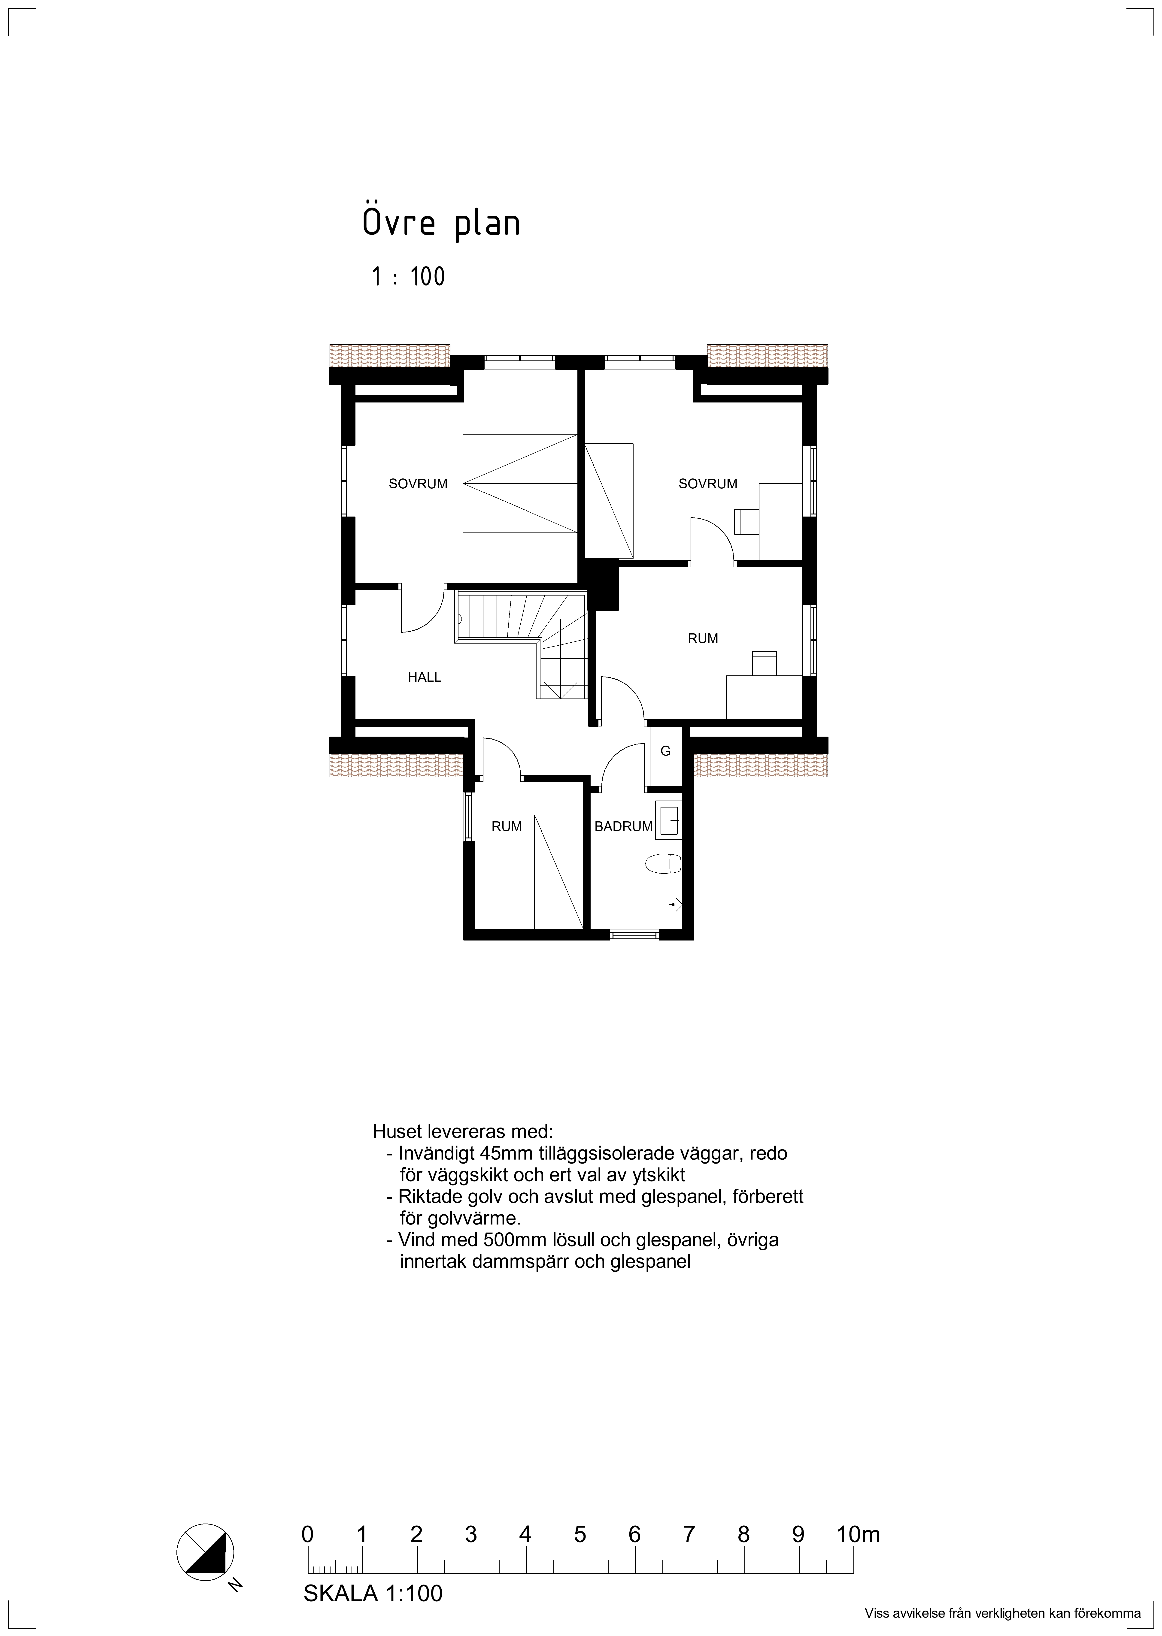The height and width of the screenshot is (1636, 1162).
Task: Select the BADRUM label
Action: click(623, 826)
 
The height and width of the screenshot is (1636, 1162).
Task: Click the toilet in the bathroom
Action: click(663, 864)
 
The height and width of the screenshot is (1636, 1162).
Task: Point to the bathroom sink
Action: click(668, 820)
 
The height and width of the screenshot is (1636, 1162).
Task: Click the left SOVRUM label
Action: click(418, 484)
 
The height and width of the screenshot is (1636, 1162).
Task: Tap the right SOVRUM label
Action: click(708, 484)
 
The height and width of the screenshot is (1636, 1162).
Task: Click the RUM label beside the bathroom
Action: click(507, 826)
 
